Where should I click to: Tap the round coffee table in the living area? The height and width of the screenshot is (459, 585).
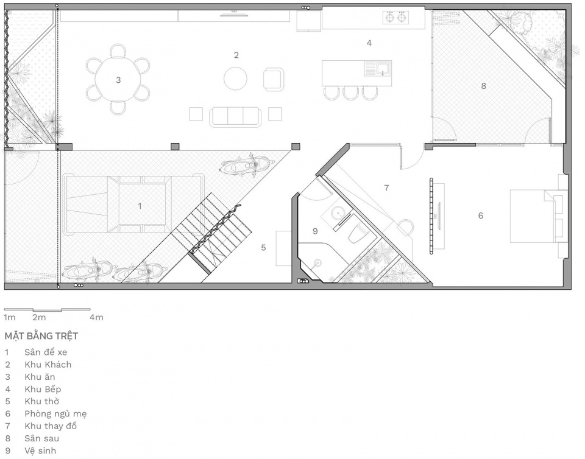coord(235,79)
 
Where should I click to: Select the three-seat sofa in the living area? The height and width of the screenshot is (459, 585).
coord(235,117)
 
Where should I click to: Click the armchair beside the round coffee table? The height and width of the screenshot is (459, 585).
coord(274,79)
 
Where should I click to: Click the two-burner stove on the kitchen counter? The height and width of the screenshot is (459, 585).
coord(395,17)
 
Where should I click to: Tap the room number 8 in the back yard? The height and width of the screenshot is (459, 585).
coord(483,86)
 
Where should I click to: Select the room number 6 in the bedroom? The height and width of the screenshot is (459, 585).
coord(481,215)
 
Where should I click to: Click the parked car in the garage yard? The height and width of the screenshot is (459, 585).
coord(134,204)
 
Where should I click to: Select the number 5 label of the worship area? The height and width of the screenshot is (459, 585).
coord(263,247)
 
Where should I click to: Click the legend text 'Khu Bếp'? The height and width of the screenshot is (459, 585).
coord(43,389)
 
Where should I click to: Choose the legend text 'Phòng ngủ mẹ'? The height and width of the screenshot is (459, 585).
coord(55,414)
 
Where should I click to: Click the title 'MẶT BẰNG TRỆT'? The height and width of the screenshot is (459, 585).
coord(41,335)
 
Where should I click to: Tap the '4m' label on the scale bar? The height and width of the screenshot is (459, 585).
coord(96,317)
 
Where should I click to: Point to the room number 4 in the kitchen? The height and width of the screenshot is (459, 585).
coord(369,43)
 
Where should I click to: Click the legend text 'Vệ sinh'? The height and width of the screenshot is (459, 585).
coord(40,450)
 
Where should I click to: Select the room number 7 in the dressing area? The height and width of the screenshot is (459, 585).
coord(386,188)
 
